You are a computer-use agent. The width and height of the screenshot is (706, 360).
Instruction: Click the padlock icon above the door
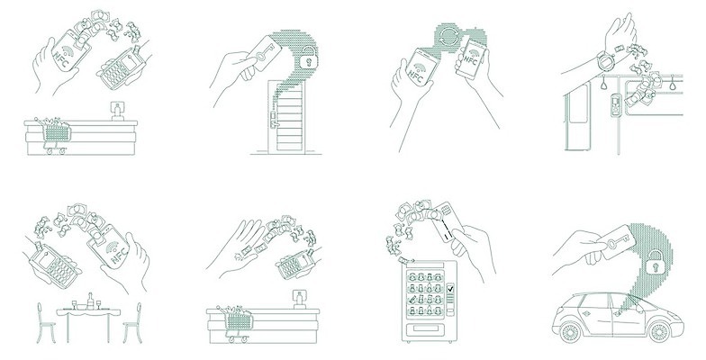coord(308,58)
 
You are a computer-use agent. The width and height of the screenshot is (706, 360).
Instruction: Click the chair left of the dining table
coord(46,322)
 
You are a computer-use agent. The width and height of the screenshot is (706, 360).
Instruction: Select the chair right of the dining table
coord(132,322)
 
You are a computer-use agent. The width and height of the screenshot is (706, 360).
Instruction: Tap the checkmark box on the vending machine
coord(450,288)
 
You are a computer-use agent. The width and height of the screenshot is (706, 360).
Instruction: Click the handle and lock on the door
coord(272,119)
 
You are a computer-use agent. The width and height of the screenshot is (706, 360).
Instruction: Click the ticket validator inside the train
coord(616,104)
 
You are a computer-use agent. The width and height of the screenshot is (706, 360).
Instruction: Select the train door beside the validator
coord(578,115)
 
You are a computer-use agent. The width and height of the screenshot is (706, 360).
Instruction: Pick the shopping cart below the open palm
coord(236,323)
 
